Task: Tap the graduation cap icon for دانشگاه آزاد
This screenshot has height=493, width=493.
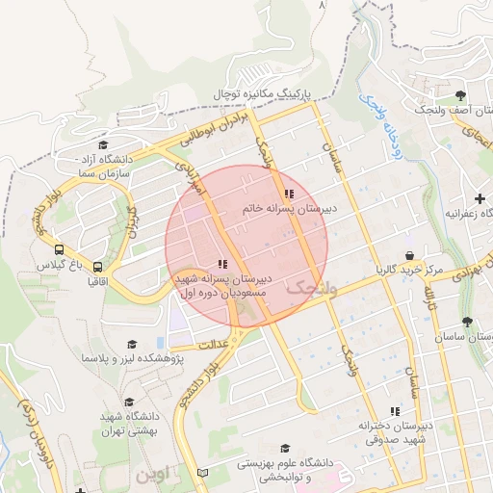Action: (101, 144)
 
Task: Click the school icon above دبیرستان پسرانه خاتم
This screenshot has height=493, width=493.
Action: (289, 195)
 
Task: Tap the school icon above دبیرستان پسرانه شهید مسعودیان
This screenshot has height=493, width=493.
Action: (222, 263)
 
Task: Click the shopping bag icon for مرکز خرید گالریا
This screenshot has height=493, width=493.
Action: (411, 255)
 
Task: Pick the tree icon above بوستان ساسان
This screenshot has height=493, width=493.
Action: (468, 322)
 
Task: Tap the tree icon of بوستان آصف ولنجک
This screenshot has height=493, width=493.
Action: (461, 95)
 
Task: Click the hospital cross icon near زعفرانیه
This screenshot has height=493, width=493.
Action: (480, 198)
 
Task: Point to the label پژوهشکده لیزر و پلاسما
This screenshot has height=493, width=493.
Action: (133, 357)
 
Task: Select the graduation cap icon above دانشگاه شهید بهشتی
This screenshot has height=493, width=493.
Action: (130, 402)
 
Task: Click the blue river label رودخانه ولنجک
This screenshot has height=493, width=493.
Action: (381, 120)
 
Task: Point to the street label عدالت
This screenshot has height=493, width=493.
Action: (210, 344)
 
